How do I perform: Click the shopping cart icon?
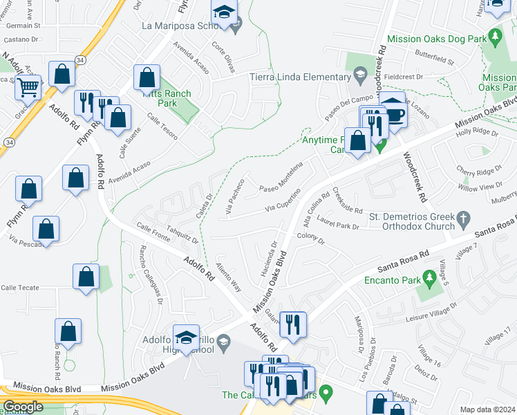coord(28,88)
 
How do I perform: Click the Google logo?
coord(23,407)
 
